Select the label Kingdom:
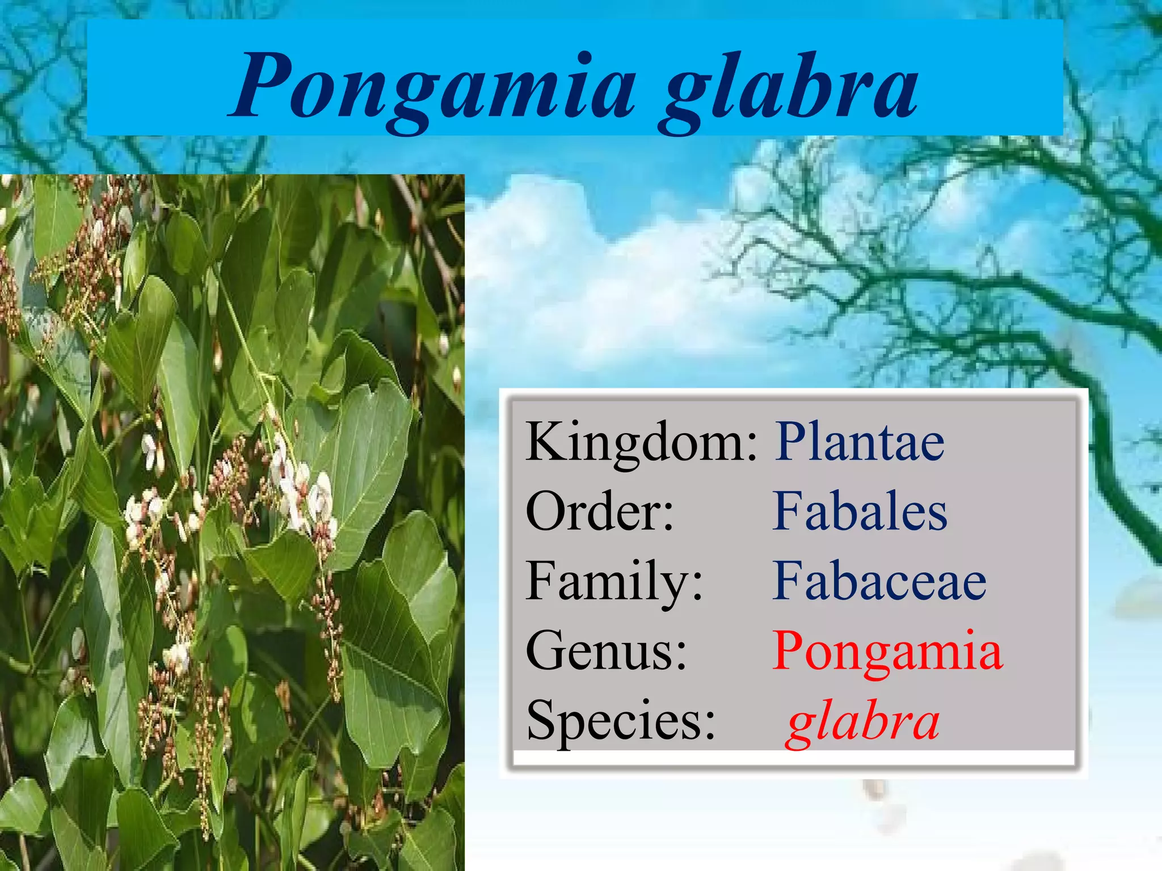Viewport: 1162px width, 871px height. (x=641, y=442)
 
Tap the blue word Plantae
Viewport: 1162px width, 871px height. (x=859, y=442)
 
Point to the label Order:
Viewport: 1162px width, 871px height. (x=600, y=511)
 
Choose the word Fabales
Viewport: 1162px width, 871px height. (x=859, y=511)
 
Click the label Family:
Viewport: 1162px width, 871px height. (x=614, y=581)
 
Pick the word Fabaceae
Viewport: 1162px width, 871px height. (x=879, y=581)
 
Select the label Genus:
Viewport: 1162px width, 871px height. (x=606, y=651)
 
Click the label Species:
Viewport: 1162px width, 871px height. (x=621, y=720)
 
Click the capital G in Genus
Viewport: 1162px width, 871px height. (x=546, y=650)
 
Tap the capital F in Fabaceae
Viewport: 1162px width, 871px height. (x=789, y=581)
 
